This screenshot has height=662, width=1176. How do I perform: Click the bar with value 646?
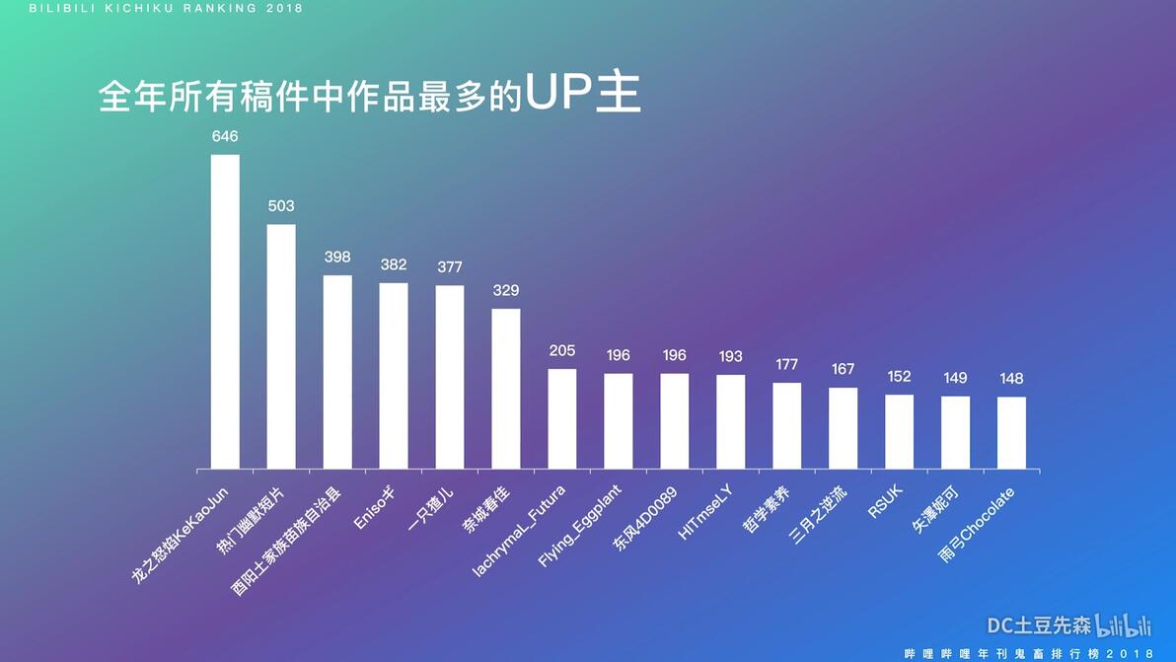[225, 312]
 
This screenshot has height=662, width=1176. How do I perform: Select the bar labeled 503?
[281, 347]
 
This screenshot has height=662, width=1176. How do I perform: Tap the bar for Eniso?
[394, 376]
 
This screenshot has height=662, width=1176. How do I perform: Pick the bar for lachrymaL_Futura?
[561, 419]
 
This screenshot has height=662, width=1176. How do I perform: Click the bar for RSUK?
[899, 432]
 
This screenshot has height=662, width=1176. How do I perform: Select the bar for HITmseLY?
[730, 422]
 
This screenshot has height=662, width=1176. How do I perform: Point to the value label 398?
[337, 257]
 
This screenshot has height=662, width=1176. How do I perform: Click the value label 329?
[506, 290]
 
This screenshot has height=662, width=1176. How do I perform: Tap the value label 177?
[786, 364]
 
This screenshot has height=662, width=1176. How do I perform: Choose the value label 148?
[1011, 379]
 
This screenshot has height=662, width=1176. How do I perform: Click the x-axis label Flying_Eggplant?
[580, 526]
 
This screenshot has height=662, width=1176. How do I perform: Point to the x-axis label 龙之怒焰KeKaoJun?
[180, 536]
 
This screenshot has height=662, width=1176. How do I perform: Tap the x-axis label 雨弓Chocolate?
[978, 525]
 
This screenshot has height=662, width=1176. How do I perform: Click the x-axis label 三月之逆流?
[819, 514]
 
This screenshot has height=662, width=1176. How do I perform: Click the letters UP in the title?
[558, 92]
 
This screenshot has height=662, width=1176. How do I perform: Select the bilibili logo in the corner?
[1123, 625]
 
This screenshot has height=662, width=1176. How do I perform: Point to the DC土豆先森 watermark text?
[1039, 626]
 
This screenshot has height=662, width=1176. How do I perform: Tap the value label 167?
[843, 369]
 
